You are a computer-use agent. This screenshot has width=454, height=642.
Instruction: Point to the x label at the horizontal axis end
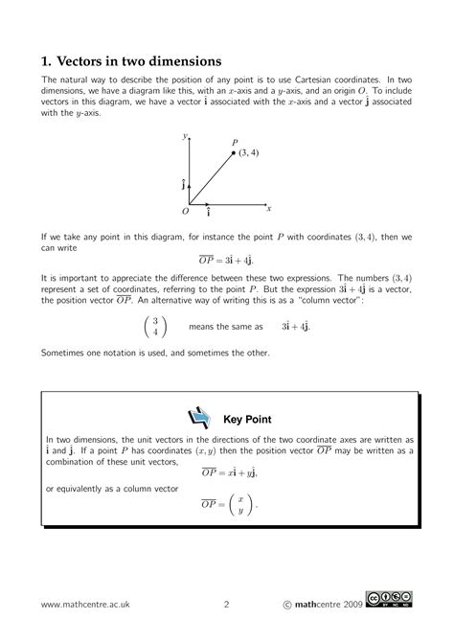[269, 207]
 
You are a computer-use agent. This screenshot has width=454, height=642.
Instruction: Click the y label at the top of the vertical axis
[186, 137]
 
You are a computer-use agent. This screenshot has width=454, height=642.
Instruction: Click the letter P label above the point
[235, 142]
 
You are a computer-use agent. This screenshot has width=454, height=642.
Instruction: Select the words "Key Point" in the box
[247, 419]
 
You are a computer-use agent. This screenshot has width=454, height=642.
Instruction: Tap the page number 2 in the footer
[226, 605]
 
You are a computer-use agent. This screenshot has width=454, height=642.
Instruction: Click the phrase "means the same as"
[221, 327]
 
